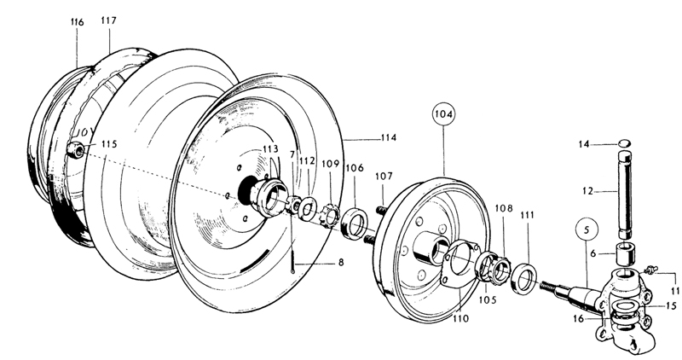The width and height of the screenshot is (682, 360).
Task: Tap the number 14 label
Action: pyautogui.click(x=584, y=144)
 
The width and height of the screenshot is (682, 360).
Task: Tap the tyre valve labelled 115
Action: pyautogui.click(x=77, y=149)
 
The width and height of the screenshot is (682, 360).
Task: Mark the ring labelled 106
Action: pyautogui.click(x=355, y=224)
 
